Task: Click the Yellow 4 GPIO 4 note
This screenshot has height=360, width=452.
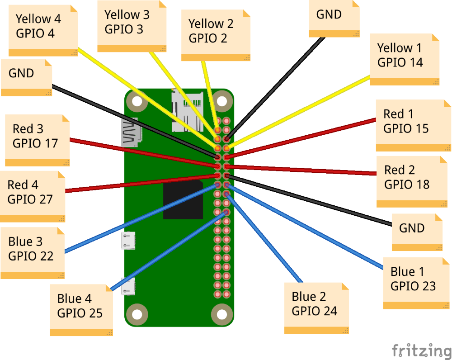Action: [43, 30]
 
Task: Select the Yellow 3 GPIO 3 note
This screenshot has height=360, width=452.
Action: [132, 26]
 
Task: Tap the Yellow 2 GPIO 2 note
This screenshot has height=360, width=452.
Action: [216, 35]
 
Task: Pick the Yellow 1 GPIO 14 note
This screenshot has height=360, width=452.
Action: [405, 59]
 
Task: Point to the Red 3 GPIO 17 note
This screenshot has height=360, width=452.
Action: [38, 141]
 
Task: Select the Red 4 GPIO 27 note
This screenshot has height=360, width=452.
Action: [33, 196]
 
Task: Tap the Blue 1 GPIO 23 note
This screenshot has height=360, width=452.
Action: [416, 283]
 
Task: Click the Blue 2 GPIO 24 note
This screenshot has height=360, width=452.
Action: [316, 308]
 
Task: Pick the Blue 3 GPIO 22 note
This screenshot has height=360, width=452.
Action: [32, 253]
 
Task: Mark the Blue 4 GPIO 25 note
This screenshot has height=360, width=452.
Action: [81, 310]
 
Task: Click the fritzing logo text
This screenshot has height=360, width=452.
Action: [422, 351]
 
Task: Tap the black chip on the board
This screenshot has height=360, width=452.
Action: [183, 199]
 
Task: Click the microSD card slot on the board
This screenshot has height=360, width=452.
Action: [188, 111]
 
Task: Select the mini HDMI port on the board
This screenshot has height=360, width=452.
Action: [132, 133]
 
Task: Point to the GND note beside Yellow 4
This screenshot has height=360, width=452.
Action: [27, 77]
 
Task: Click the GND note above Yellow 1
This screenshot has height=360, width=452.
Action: [334, 19]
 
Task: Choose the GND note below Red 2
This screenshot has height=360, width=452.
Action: [417, 232]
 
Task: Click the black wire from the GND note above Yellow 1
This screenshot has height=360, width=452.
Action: [275, 88]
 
